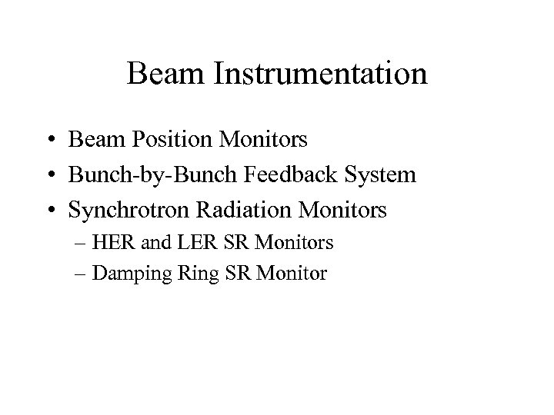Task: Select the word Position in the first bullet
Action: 162,141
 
